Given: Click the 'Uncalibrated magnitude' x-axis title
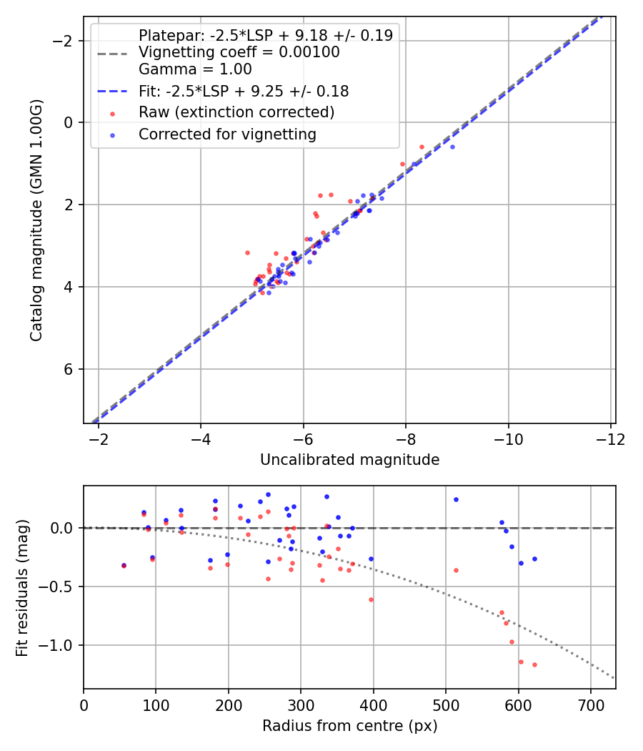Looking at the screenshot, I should pos(349,459).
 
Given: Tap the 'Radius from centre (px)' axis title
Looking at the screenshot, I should pos(349,726).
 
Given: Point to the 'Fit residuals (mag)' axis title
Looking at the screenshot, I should pos(22,588).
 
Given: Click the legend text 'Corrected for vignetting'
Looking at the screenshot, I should pos(227,134).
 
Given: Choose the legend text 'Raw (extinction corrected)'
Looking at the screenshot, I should pos(236,112).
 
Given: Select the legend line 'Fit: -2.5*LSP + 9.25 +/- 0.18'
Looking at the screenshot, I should pos(244,91).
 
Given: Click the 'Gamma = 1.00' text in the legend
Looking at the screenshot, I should pos(195,69).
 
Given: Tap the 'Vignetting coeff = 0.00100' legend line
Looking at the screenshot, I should pos(239,52).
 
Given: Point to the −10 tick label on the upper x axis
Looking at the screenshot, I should pos(508,437).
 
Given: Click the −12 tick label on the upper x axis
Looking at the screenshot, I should pos(610,437).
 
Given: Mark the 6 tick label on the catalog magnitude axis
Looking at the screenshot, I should pos(69,369).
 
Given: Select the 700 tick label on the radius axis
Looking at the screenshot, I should pos(591,704).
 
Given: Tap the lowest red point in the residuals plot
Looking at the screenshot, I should pos(534,664).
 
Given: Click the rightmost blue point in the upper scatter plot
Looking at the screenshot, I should pos(452,147).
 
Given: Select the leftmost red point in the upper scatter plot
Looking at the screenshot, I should pos(247,252).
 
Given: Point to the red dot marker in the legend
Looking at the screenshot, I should pos(112,113).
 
